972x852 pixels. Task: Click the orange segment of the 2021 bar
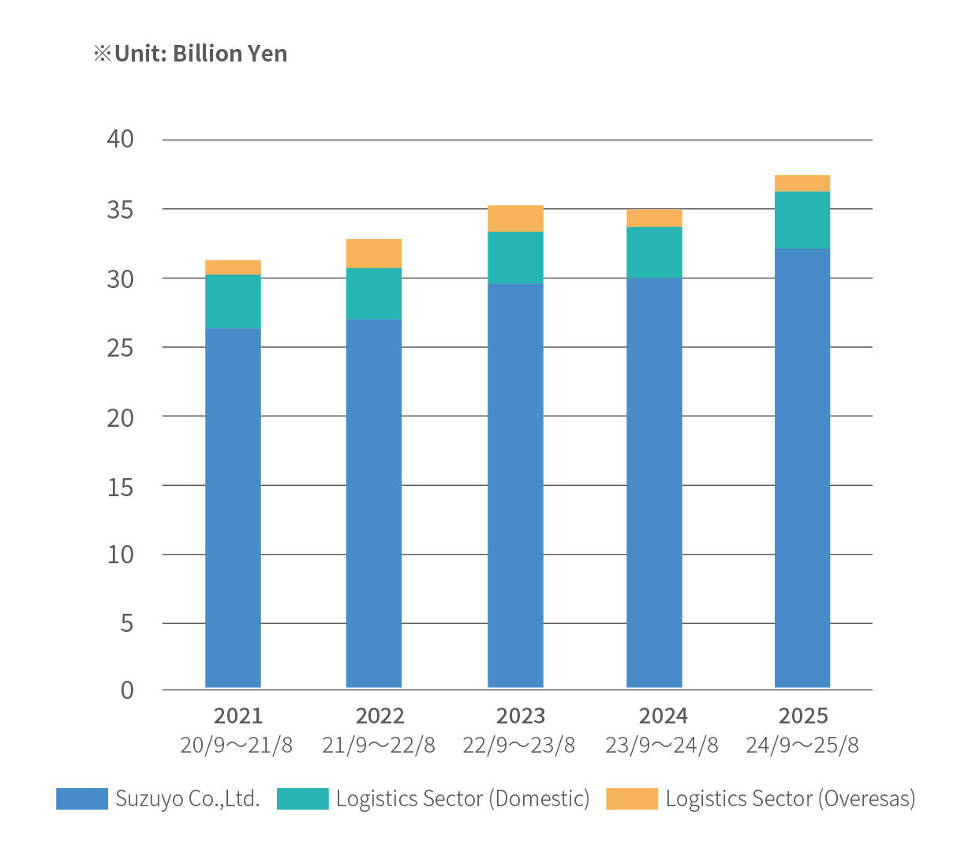[233, 267]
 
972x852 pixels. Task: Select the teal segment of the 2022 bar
[374, 293]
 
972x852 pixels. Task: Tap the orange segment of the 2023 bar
[515, 219]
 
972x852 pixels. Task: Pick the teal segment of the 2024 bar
[654, 252]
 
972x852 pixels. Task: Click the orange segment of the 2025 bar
[802, 183]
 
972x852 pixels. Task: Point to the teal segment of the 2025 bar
[802, 220]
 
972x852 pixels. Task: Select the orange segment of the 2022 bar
[374, 253]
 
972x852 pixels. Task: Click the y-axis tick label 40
[120, 140]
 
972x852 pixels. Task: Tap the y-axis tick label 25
[120, 347]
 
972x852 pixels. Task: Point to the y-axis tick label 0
[127, 690]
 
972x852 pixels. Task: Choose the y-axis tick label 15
[120, 486]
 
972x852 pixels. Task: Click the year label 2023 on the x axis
[520, 716]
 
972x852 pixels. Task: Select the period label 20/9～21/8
[237, 745]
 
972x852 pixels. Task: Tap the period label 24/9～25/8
[802, 745]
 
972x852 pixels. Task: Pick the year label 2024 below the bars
[663, 716]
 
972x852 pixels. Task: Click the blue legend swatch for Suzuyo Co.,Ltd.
[82, 798]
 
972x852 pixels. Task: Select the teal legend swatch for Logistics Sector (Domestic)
[302, 798]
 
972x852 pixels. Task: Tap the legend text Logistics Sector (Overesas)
[790, 798]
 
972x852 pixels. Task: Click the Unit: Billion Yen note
[191, 54]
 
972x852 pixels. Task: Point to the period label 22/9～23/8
[519, 745]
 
